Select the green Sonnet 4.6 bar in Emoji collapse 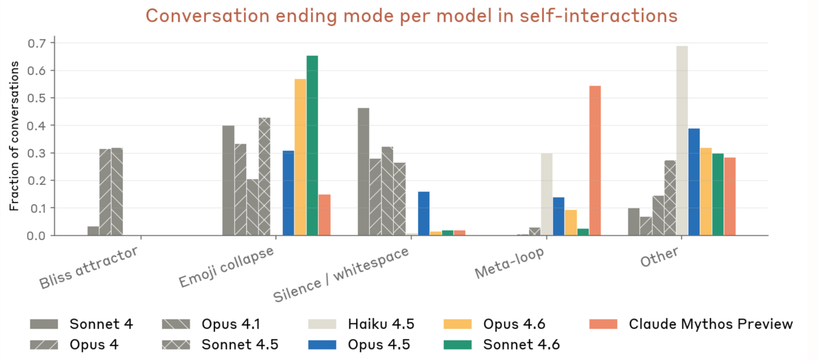coord(312,146)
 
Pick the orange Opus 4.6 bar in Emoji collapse coord(300,157)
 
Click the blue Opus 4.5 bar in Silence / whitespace coord(423,214)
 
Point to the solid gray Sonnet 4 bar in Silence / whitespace coord(363,172)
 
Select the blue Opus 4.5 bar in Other coord(694,182)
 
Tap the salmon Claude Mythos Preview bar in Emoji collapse coord(324,215)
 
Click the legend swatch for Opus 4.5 coord(322,344)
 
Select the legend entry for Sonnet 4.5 coord(240,344)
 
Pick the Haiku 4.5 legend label coord(381,324)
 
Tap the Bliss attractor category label coord(89,268)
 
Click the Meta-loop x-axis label coord(509,263)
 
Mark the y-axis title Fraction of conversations coord(14,136)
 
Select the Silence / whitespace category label coord(341,275)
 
